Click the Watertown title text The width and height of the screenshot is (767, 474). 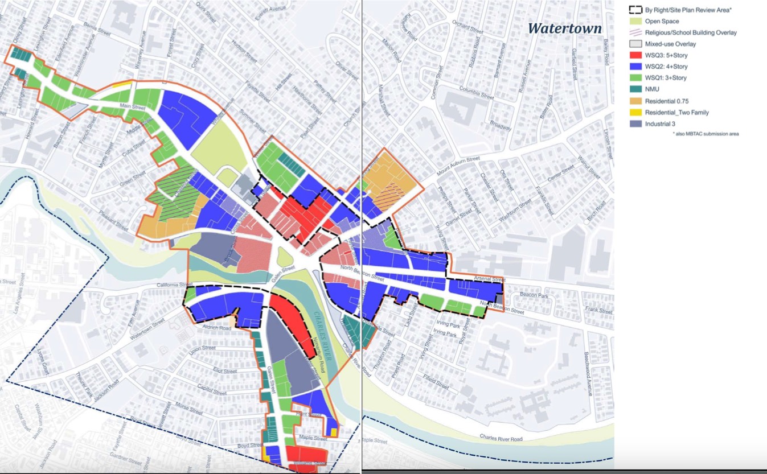564,28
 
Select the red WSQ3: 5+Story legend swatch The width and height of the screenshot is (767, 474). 635,55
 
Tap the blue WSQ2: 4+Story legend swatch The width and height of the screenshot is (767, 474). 635,67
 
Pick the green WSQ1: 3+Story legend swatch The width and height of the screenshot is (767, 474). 635,78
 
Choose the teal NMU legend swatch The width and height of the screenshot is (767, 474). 635,89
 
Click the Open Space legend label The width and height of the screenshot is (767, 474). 662,21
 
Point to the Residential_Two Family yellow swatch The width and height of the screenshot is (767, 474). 635,112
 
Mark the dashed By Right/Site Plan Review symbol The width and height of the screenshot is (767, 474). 635,10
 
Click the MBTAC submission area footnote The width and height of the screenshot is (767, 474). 706,134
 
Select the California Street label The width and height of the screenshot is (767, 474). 177,285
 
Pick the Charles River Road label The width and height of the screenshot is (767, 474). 501,438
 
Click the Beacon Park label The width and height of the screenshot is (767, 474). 534,295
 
